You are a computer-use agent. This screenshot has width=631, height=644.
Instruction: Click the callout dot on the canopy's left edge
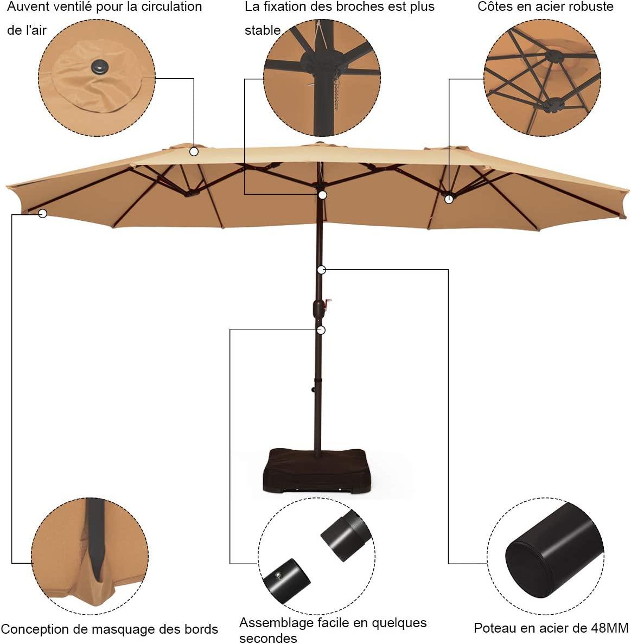42,214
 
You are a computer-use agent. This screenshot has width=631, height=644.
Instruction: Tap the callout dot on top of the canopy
194,151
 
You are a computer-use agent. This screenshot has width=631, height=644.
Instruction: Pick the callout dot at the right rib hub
449,200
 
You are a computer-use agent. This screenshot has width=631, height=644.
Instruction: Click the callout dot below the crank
322,330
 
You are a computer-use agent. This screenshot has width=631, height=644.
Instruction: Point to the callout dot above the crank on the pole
322,270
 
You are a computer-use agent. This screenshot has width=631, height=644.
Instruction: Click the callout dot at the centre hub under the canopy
323,195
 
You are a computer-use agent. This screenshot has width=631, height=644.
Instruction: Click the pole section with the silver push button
286,581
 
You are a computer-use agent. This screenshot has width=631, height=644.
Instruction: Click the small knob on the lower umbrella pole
313,390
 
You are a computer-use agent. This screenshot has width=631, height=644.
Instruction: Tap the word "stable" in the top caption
263,30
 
